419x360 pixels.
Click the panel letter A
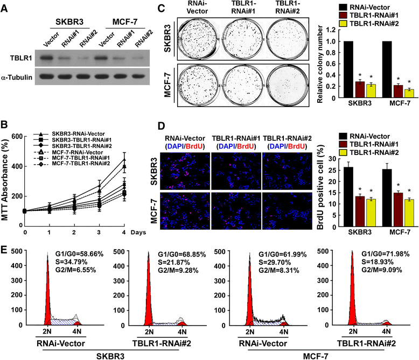tap(4, 8)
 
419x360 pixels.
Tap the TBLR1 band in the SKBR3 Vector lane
tap(46, 58)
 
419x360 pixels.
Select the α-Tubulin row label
tap(17, 77)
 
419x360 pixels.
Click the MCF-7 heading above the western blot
tap(125, 22)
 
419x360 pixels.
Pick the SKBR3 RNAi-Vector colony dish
tap(198, 39)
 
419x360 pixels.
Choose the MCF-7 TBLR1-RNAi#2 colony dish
tap(287, 85)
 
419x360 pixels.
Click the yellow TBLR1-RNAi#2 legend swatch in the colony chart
tap(343, 24)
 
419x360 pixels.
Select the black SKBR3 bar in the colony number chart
tap(348, 69)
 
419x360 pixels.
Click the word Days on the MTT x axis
tap(138, 232)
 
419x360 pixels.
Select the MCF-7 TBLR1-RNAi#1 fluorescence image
tap(236, 211)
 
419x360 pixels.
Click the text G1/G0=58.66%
tap(79, 254)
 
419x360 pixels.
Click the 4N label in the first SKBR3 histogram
tap(77, 331)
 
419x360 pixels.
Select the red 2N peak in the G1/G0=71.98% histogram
tap(352, 288)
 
